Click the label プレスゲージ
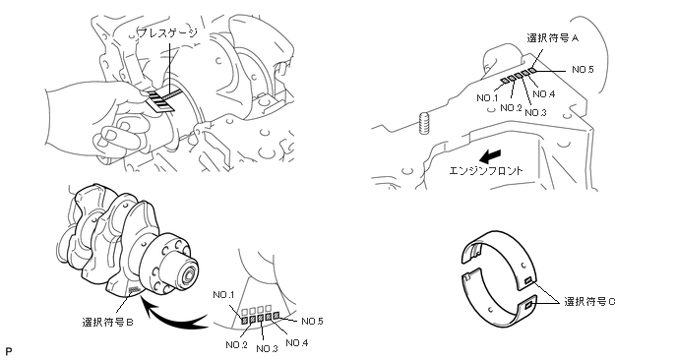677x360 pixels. (167, 33)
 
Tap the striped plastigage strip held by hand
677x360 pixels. (161, 98)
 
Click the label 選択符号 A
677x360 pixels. (553, 38)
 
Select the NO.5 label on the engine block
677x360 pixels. (583, 70)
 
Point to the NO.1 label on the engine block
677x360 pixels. (487, 98)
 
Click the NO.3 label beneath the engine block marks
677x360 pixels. (536, 113)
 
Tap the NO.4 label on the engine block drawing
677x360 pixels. (544, 94)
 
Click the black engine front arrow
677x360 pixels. (491, 155)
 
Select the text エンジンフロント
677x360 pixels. (486, 170)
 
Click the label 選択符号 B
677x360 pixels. (108, 322)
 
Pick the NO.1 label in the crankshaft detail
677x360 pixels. (223, 295)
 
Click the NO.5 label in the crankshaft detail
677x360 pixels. (312, 322)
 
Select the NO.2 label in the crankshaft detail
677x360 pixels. (236, 345)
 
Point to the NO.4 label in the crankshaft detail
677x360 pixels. (297, 343)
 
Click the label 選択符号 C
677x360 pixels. (590, 302)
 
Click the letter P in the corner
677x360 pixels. (8, 351)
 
